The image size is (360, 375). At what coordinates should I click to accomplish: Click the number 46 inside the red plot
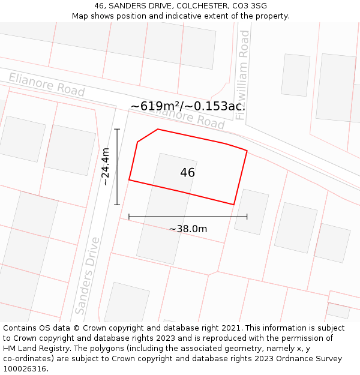[x=187, y=173]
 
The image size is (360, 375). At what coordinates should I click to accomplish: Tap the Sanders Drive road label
[x=88, y=275]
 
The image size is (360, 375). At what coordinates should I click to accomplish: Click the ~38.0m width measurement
[x=188, y=229]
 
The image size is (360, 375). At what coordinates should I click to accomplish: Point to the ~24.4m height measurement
[x=106, y=167]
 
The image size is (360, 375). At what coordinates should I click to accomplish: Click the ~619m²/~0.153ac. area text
[x=188, y=106]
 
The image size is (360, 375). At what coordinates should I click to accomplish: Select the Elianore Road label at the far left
[x=46, y=85]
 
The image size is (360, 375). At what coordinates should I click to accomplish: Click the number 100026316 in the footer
[x=26, y=369]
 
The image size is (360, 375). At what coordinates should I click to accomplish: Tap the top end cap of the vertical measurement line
[x=117, y=129]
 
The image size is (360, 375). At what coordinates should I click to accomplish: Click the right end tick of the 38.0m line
[x=247, y=217]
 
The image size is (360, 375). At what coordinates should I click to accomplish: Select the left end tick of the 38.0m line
[x=129, y=217]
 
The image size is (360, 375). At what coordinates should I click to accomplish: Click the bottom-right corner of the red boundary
[x=233, y=205]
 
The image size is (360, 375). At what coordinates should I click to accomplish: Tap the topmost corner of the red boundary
[x=158, y=129]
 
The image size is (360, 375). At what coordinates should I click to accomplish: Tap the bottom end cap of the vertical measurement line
[x=117, y=205]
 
